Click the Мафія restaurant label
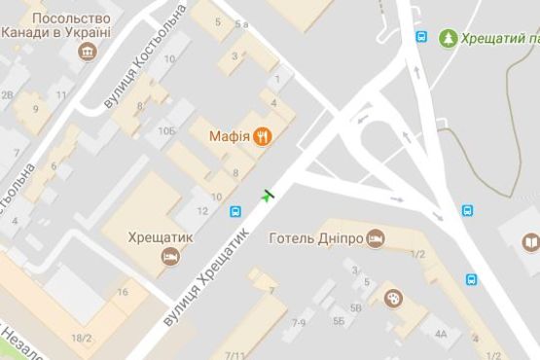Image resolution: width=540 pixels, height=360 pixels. coord(231,136)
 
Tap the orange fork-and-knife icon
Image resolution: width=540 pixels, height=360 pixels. coord(262,137)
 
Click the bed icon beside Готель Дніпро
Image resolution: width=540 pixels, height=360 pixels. coord(377,238)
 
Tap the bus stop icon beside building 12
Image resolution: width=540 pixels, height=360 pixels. coord(235,210)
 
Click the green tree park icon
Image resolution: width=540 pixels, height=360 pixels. coord(448,39)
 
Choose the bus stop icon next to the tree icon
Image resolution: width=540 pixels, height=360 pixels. coord(421,38)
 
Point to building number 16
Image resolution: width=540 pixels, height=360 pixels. coord(123,292)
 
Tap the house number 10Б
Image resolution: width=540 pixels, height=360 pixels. coord(168,129)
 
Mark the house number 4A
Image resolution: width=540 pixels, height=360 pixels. coord(441,334)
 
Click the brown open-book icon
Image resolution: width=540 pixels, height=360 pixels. coord(531,242)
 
